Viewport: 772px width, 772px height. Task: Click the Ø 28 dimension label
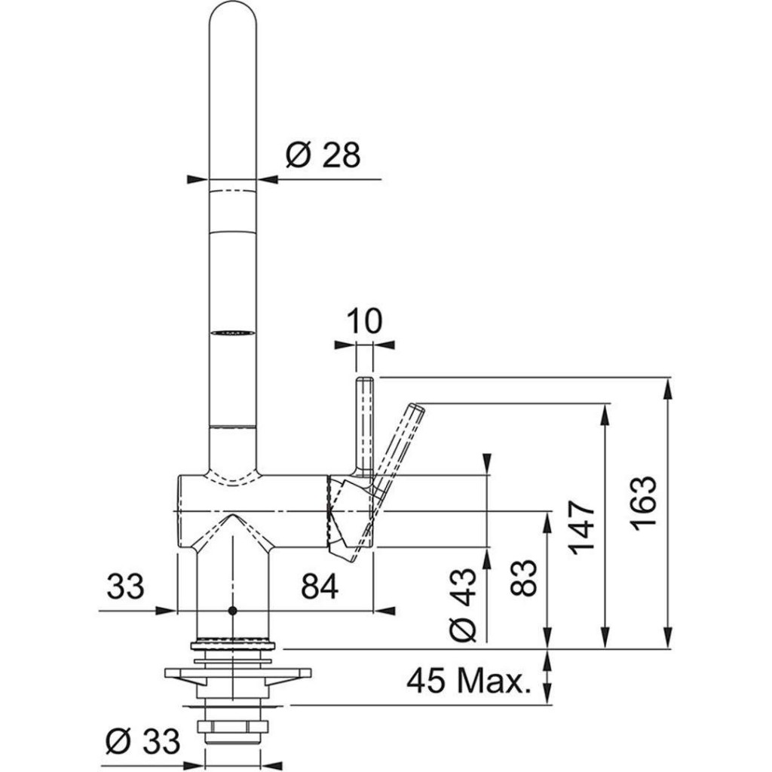[323, 155]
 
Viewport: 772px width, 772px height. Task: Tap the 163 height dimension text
[645, 503]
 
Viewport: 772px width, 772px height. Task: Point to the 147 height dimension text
[582, 526]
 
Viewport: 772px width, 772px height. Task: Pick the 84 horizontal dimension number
[320, 587]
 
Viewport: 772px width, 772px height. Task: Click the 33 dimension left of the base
[125, 587]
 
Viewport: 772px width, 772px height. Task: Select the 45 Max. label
[465, 682]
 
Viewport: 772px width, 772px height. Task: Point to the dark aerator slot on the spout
[232, 331]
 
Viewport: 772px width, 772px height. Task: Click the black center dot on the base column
[233, 610]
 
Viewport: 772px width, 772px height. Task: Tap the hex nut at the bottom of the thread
[233, 728]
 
